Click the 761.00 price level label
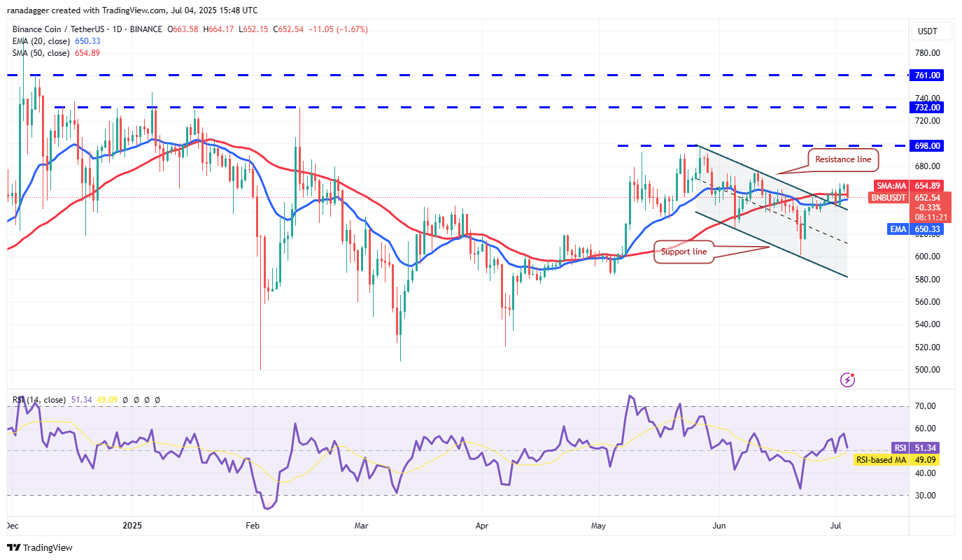click(x=927, y=75)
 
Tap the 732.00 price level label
click(x=927, y=107)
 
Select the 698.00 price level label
click(x=927, y=146)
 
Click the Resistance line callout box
click(x=843, y=159)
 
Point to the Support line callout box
click(x=684, y=252)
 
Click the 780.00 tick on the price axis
click(x=926, y=53)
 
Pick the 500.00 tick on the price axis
click(x=926, y=370)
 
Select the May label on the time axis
click(x=597, y=524)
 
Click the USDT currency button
click(x=927, y=31)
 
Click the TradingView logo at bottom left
click(x=41, y=547)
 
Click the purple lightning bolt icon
click(x=848, y=380)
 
